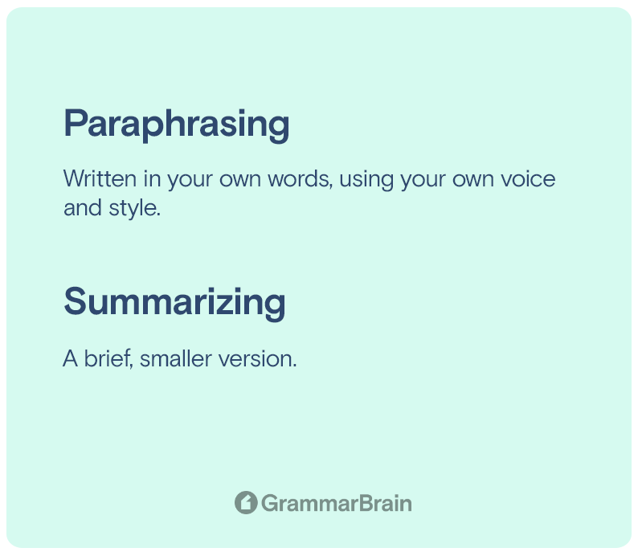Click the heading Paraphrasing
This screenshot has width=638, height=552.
[177, 125]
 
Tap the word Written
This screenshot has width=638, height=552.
[100, 178]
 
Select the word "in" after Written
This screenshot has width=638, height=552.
[152, 178]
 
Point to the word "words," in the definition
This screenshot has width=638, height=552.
[300, 179]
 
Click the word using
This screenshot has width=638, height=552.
[366, 180]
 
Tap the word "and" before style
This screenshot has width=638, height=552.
[83, 207]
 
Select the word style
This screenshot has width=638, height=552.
[135, 208]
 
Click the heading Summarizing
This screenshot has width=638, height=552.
[174, 302]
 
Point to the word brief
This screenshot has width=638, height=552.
[108, 358]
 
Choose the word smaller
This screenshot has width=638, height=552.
[176, 358]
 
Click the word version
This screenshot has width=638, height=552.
[258, 359]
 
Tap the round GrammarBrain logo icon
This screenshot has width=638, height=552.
[246, 502]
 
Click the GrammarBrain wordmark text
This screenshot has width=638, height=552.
[336, 503]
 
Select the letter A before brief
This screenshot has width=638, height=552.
[70, 358]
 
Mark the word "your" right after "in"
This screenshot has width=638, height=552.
[190, 180]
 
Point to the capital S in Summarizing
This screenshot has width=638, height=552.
[74, 301]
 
